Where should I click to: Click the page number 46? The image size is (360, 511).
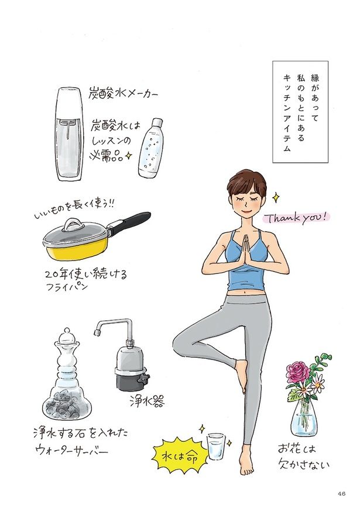(x=341, y=493)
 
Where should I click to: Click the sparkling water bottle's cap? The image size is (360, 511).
(x=157, y=124)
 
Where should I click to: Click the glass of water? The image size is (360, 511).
(x=216, y=446)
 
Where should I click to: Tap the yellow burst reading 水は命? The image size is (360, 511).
(x=178, y=457)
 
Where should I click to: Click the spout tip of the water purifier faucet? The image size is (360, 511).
(x=97, y=332)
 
